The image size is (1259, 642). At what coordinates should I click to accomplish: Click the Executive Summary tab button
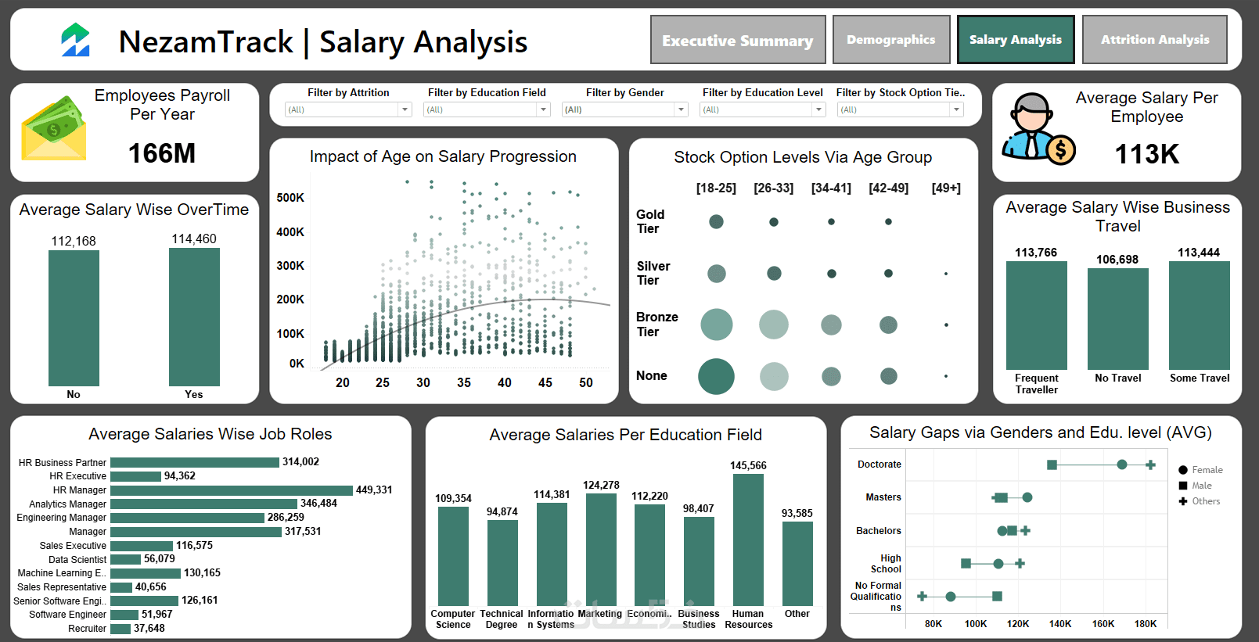tap(738, 40)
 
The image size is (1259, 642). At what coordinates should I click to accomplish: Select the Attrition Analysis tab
tap(1154, 40)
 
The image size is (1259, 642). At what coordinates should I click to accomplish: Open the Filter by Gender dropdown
tap(624, 109)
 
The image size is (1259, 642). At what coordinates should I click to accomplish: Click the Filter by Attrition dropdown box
tap(348, 109)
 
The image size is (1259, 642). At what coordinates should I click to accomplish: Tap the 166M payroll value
tap(162, 153)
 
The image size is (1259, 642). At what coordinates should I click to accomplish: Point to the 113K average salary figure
tap(1146, 154)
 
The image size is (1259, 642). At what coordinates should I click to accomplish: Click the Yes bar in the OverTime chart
tap(194, 317)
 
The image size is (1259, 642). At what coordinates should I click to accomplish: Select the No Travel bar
tap(1117, 319)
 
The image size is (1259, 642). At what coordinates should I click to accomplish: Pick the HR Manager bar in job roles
tap(232, 490)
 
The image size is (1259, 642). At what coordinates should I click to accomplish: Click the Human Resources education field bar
tap(748, 540)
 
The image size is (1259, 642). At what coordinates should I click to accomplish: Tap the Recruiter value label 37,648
tap(149, 628)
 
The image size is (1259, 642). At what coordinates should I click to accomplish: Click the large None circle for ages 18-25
tap(716, 376)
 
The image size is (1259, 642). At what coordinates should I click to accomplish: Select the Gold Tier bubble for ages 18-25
tap(716, 222)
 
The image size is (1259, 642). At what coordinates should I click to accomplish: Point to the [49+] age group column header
tap(946, 188)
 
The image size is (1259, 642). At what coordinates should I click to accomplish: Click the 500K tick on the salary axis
tap(290, 198)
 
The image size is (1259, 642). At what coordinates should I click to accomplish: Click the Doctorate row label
tap(880, 464)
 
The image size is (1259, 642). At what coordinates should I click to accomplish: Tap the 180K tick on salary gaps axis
tap(1145, 624)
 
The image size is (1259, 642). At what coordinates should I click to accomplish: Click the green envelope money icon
tap(53, 129)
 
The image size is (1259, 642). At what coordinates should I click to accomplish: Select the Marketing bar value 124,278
tap(601, 486)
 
